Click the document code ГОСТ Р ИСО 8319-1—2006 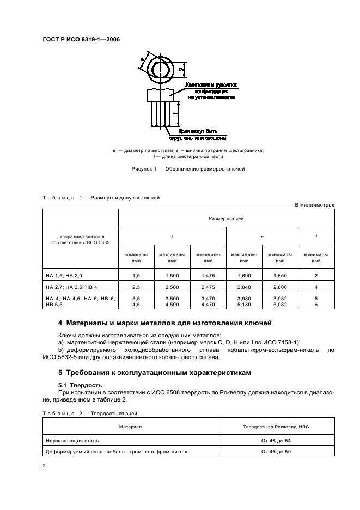[x=81, y=39]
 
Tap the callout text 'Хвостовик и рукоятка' [x=212, y=86]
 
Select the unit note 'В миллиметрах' [x=314, y=204]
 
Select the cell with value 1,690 [x=243, y=276]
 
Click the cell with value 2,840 [x=243, y=286]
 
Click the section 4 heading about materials [x=172, y=323]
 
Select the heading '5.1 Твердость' [x=77, y=385]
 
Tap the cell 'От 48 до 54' [x=276, y=440]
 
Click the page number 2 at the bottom [x=44, y=466]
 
